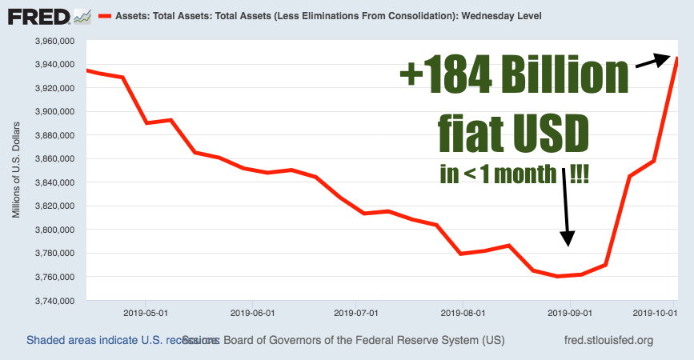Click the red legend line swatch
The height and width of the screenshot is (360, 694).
point(104,15)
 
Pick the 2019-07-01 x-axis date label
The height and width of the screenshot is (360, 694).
point(355,314)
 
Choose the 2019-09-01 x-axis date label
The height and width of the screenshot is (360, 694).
point(568,314)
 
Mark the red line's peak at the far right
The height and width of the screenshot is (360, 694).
point(678,57)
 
